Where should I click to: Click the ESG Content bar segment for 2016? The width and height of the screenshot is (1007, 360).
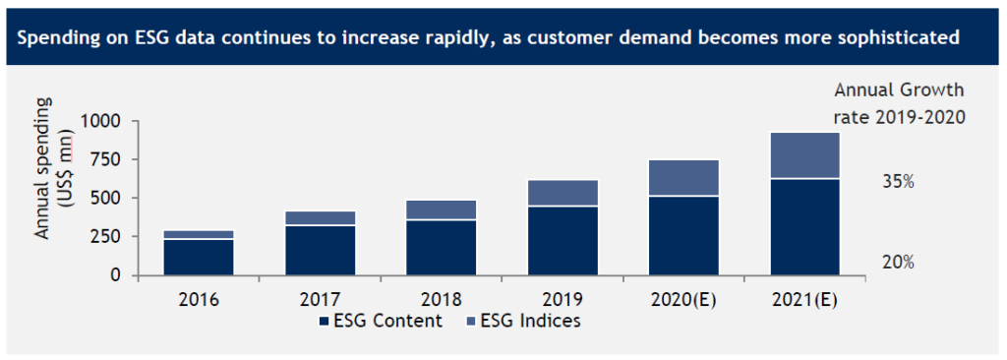(x=199, y=257)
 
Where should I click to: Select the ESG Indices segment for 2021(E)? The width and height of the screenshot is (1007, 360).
(x=804, y=155)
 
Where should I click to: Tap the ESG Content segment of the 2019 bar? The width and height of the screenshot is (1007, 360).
(x=563, y=241)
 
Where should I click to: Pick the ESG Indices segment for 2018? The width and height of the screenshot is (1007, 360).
(x=442, y=210)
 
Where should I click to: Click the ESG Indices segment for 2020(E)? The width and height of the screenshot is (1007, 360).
(x=683, y=178)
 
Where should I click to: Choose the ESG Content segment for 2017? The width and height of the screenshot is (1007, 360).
(x=321, y=251)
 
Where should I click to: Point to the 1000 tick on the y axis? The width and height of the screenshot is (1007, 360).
(x=100, y=121)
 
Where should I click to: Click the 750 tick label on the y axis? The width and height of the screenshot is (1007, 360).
(x=106, y=159)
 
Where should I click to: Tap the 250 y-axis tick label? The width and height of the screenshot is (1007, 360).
(x=106, y=237)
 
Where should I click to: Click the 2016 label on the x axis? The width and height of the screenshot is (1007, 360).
(x=199, y=298)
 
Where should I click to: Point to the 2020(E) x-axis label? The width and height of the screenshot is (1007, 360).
(x=683, y=298)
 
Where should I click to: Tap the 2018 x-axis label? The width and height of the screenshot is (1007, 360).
(x=442, y=298)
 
